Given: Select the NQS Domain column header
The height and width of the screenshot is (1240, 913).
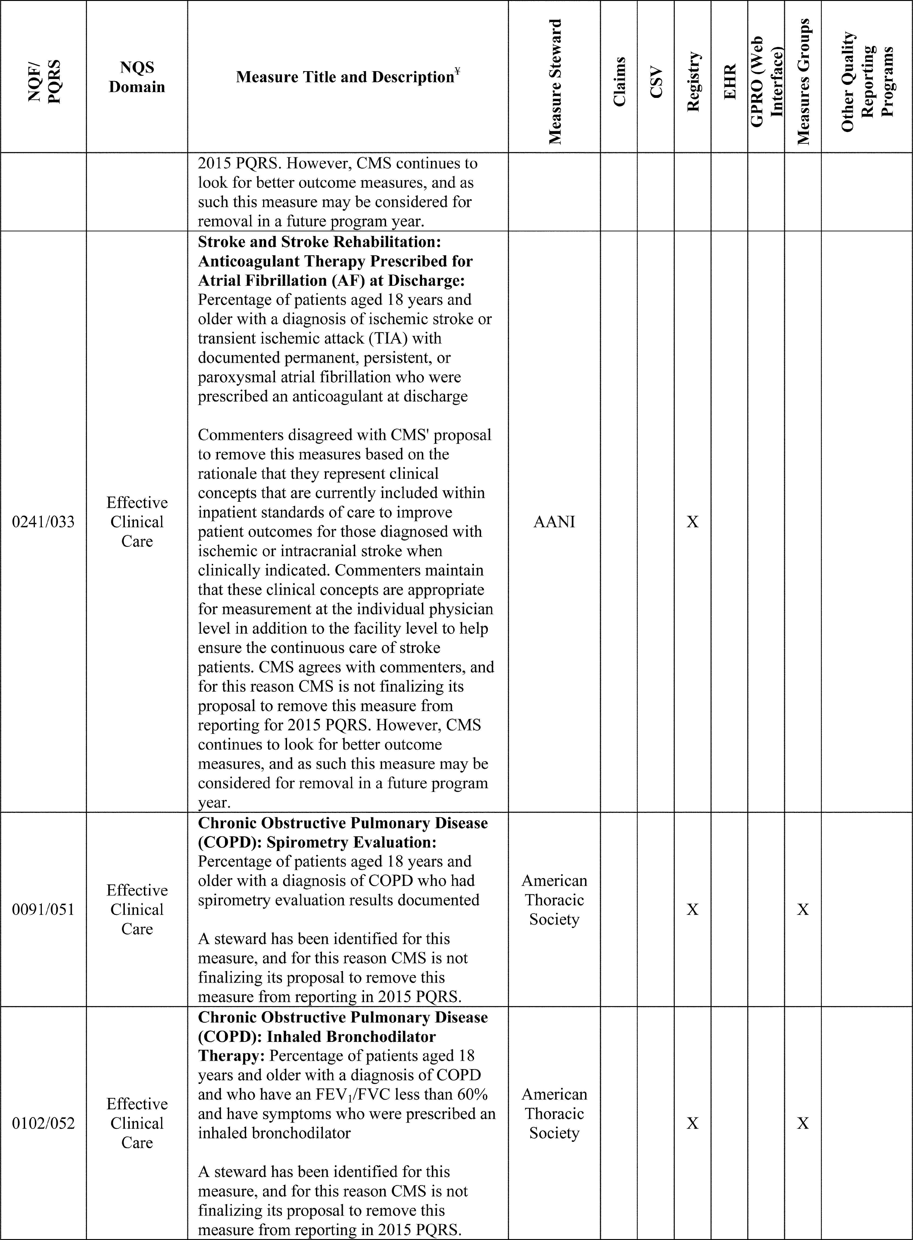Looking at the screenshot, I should [137, 77].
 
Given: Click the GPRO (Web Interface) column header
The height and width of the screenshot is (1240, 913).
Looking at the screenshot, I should [766, 82].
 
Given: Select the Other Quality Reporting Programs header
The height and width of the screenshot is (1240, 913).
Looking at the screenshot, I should [867, 82].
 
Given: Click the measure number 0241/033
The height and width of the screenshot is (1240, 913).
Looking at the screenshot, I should [43, 522].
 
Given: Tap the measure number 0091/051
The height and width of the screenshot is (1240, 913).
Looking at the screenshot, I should [43, 909].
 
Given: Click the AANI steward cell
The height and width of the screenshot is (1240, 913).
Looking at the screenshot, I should [554, 522].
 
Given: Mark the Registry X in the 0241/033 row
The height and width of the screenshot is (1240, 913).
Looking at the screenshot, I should [692, 522].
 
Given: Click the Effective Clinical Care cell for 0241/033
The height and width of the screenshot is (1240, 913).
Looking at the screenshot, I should [137, 522].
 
